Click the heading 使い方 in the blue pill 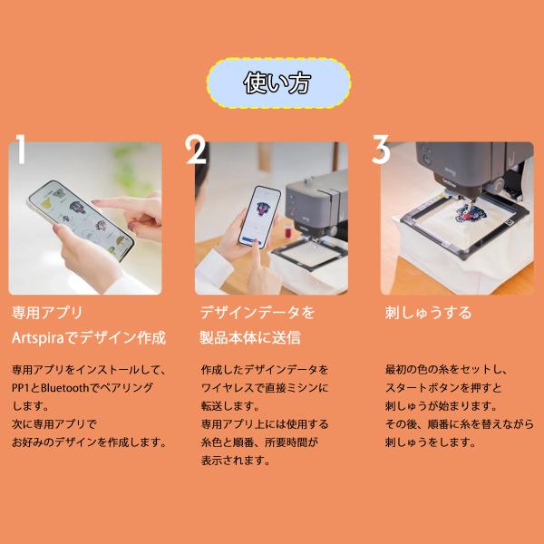point(277,83)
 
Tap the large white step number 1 point(21,149)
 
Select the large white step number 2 point(196,150)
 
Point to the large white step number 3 point(381,150)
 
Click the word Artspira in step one point(38,337)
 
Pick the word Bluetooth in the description point(65,387)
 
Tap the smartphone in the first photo point(81,220)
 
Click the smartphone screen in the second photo point(259,217)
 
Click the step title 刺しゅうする point(429,313)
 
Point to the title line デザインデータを point(257,313)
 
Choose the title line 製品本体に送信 point(250,337)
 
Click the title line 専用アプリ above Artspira point(47,313)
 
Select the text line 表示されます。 point(236,461)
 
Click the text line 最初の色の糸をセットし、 point(446,370)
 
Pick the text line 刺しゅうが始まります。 point(442,405)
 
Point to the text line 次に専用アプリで point(54,424)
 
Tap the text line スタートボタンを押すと point(443,387)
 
